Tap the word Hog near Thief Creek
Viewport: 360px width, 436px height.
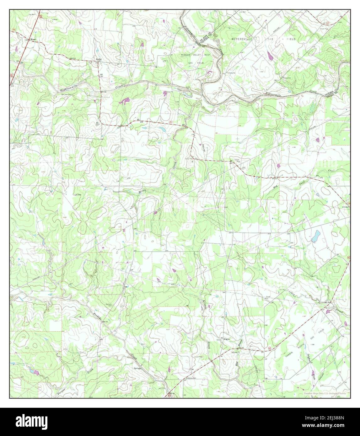(x=275, y=186)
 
